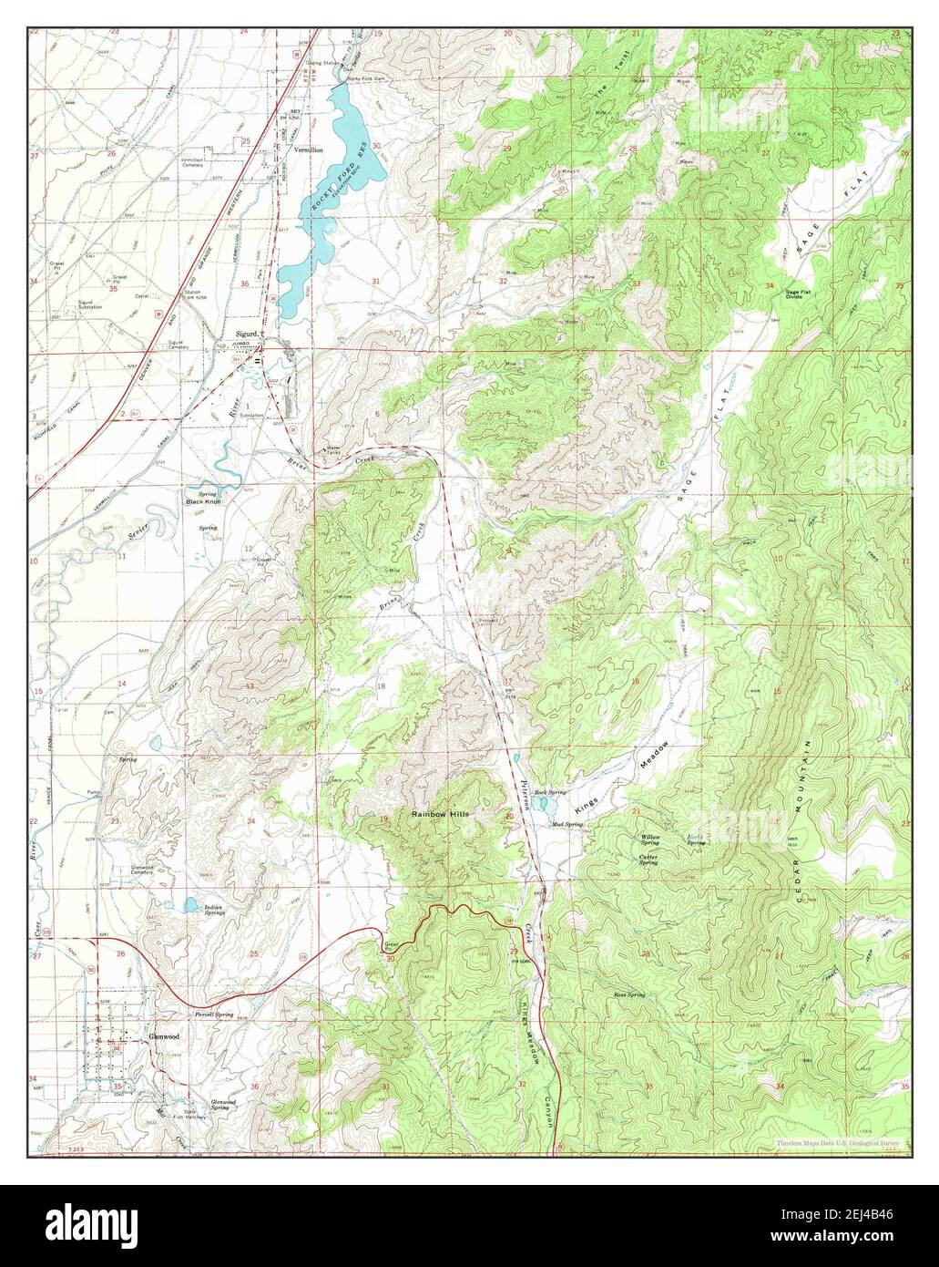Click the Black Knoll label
(203, 502)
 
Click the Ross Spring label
(628, 994)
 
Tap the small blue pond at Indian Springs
(190, 905)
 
